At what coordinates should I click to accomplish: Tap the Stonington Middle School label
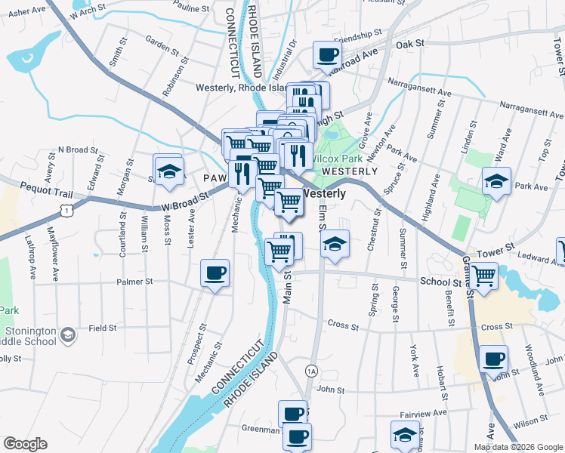pos(30,336)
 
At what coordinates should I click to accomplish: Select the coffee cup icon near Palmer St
pos(215,273)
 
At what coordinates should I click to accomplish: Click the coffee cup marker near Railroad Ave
pos(328,54)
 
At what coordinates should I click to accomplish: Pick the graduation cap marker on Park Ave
pos(496,181)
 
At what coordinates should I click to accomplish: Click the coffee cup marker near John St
pos(494,359)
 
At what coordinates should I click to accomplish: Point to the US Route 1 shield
pos(68,211)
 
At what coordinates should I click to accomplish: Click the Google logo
pos(25,444)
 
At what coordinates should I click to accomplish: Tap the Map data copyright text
pos(517,447)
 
